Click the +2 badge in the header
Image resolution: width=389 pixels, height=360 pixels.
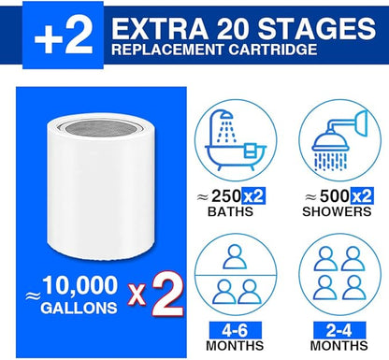[63, 36]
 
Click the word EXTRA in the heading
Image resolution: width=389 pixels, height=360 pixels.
[160, 29]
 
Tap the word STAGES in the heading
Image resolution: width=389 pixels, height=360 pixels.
[317, 29]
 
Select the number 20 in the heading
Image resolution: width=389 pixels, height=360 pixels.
[233, 29]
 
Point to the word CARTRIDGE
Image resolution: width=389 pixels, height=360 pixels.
[273, 50]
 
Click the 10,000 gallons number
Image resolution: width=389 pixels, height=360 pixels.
[80, 285]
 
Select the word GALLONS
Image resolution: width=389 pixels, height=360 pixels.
[79, 308]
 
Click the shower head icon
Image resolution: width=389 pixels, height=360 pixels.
[340, 142]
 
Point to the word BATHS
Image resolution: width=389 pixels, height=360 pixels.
[230, 211]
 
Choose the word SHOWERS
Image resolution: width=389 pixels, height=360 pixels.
[337, 211]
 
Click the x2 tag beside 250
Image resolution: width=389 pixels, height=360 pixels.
[253, 196]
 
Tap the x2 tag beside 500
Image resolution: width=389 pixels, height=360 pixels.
[362, 196]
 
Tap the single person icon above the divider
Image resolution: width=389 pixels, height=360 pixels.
[235, 257]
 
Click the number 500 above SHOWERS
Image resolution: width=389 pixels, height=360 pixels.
[335, 196]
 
